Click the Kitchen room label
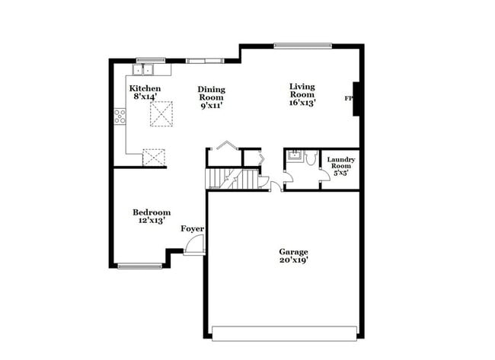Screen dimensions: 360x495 click(x=145, y=88)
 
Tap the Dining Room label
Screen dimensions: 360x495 click(x=212, y=94)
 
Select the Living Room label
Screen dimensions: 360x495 click(x=302, y=87)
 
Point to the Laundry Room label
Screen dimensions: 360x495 click(x=340, y=162)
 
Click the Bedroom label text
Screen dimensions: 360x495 click(x=152, y=212)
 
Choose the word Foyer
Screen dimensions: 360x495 click(x=192, y=228)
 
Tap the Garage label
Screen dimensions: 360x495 click(x=293, y=251)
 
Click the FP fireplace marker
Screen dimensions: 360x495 click(x=349, y=99)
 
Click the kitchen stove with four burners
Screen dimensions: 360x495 click(x=120, y=116)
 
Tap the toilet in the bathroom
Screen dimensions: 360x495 click(x=311, y=157)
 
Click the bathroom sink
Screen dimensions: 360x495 click(x=293, y=157)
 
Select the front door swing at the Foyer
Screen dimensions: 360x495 click(x=196, y=245)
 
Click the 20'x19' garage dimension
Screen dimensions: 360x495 click(x=293, y=260)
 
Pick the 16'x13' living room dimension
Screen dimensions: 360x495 click(x=302, y=101)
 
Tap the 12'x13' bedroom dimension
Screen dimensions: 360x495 click(x=152, y=221)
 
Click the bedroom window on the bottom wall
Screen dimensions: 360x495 click(x=140, y=266)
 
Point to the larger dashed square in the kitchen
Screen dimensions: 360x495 click(x=161, y=114)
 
